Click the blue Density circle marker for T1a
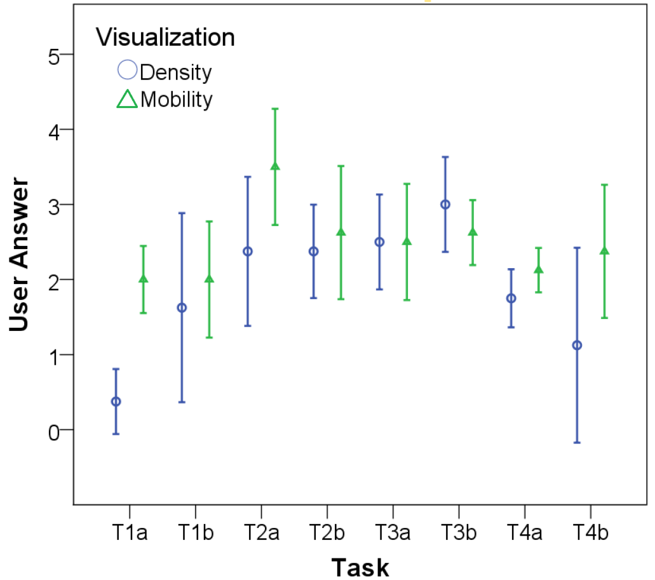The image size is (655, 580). (116, 401)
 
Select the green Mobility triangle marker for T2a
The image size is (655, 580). (275, 166)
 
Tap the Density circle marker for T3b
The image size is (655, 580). (445, 205)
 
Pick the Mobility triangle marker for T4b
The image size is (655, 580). (604, 250)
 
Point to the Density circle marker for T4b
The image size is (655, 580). (577, 346)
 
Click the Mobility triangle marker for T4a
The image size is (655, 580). (539, 269)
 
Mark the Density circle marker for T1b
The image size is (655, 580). (182, 308)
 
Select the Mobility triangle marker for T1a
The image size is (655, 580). (144, 278)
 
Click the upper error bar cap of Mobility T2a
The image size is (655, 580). (275, 109)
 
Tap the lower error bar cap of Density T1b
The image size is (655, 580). (182, 402)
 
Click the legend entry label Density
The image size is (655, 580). (176, 72)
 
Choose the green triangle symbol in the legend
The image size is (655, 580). (127, 99)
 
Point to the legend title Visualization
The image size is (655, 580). (165, 37)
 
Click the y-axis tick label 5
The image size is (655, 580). (54, 57)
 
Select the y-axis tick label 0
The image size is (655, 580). (54, 433)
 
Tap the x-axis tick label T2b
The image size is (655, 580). (327, 532)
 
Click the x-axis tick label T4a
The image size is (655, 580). (525, 532)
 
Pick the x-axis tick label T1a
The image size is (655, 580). (130, 532)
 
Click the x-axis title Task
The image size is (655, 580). (360, 568)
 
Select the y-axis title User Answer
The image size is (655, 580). (19, 255)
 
